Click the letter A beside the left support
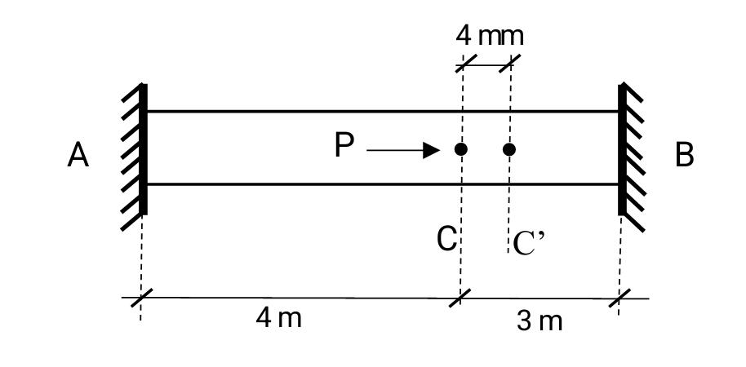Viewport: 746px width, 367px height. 78,154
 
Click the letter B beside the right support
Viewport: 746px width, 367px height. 685,154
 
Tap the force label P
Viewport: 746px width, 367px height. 344,147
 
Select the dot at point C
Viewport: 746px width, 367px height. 461,149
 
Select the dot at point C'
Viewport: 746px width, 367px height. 509,149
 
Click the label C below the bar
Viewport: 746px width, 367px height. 446,240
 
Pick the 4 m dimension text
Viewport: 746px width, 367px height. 278,318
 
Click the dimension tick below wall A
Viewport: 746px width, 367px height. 140,298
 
